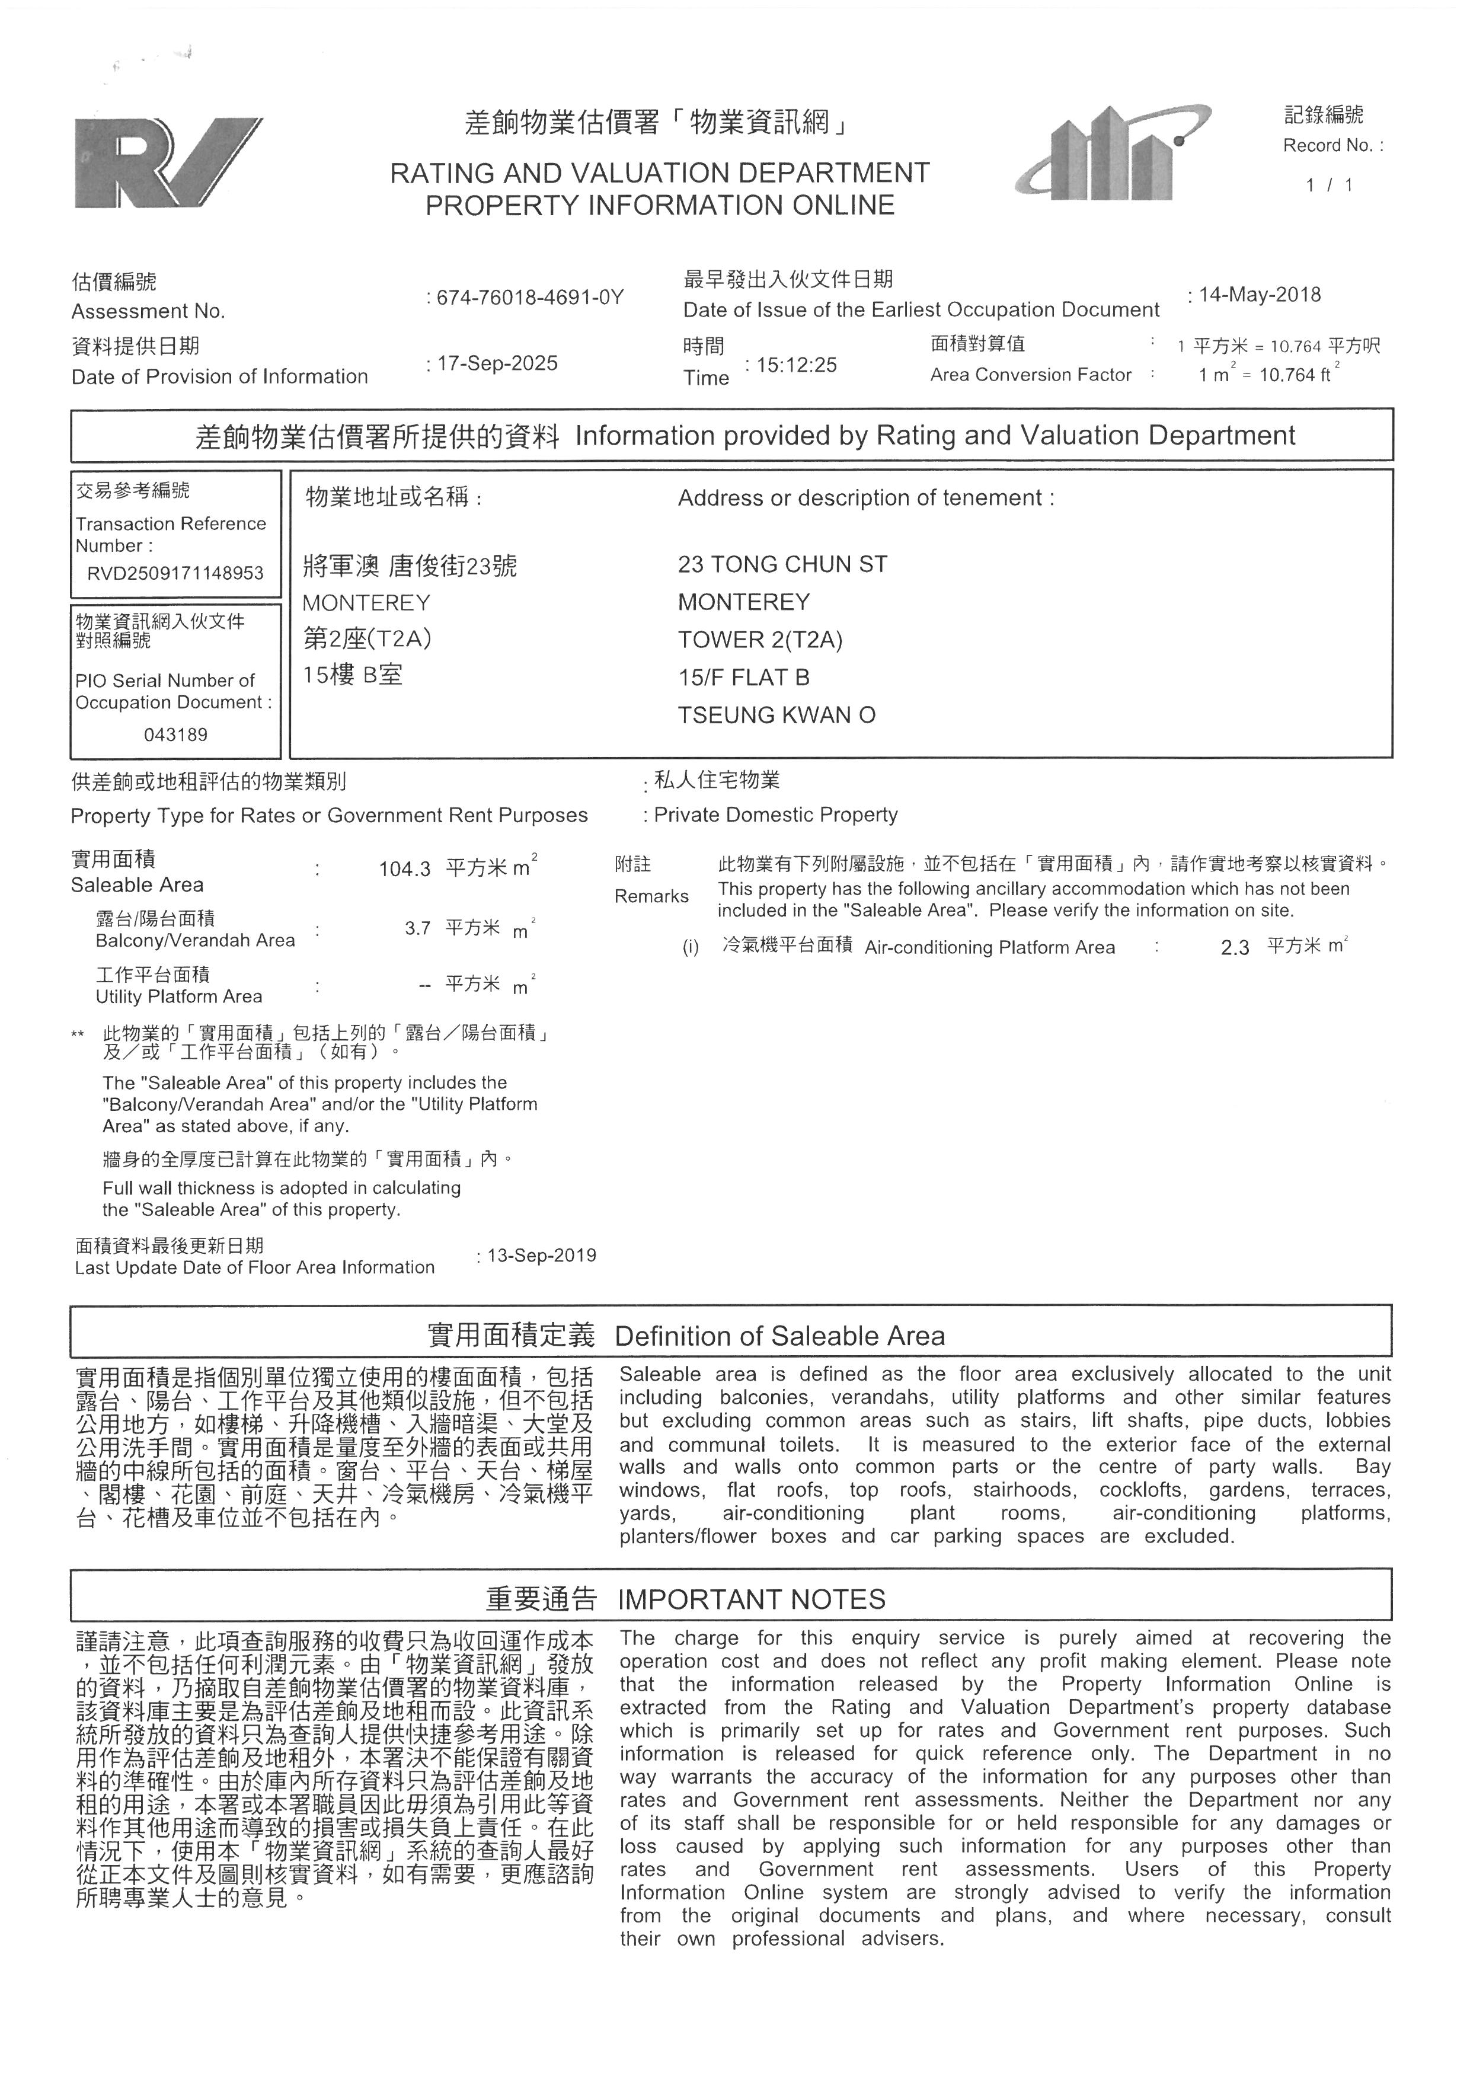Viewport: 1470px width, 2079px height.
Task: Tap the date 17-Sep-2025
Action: (x=497, y=363)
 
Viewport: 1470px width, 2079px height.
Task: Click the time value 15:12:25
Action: (x=797, y=365)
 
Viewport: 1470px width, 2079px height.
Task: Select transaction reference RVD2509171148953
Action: (x=175, y=573)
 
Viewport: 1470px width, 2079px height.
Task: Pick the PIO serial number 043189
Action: (x=175, y=734)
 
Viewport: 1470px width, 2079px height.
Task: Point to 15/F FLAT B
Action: (x=743, y=678)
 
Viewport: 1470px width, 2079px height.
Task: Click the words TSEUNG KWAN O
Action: (x=776, y=716)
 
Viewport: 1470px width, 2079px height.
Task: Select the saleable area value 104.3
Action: (x=405, y=869)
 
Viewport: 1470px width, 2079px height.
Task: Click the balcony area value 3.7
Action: (x=417, y=928)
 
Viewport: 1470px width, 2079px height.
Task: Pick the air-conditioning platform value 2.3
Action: (x=1235, y=948)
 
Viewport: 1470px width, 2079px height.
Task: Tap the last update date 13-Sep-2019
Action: (x=541, y=1255)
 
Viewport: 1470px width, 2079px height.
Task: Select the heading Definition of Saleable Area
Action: (x=779, y=1336)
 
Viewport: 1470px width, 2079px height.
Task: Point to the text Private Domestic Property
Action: (x=776, y=815)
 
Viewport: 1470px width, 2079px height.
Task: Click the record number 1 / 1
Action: (x=1329, y=186)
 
